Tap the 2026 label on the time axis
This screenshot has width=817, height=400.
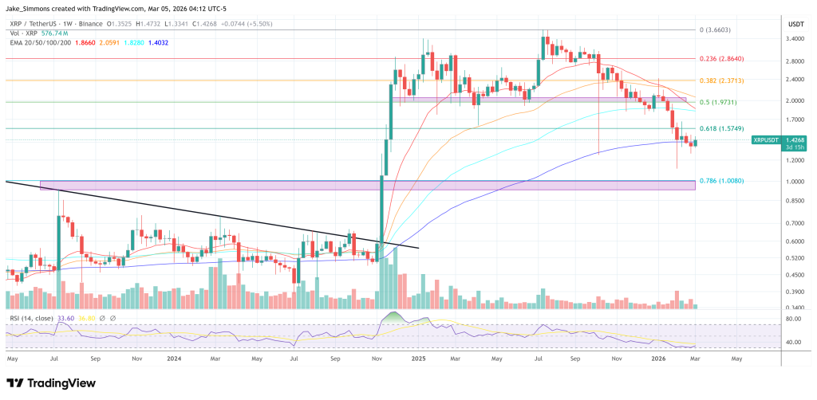660,359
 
